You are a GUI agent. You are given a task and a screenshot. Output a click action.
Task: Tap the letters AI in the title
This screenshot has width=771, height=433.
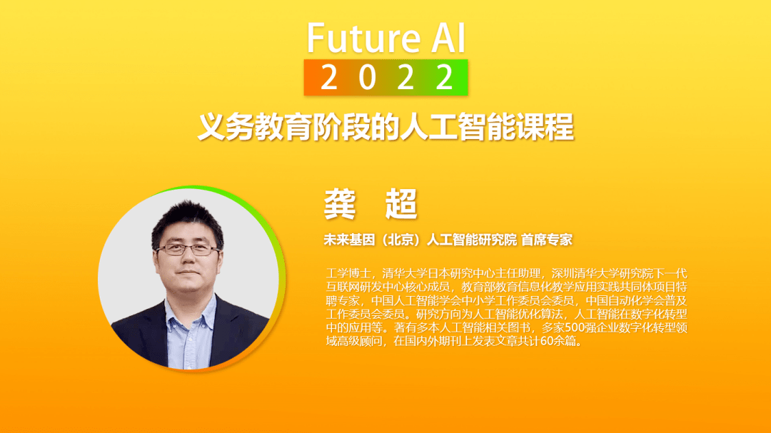(x=448, y=38)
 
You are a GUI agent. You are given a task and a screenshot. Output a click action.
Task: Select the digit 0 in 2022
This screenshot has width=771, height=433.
(x=367, y=78)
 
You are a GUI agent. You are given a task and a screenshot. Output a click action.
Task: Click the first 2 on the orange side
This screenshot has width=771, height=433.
(x=329, y=78)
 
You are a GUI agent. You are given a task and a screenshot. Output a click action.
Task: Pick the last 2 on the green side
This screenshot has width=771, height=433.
(x=444, y=78)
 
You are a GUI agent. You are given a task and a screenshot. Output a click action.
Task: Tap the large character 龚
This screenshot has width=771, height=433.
(x=340, y=203)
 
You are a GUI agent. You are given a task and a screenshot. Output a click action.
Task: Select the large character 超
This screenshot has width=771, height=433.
(x=401, y=203)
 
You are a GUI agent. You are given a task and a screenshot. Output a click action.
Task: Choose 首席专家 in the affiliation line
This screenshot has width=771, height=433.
(x=546, y=240)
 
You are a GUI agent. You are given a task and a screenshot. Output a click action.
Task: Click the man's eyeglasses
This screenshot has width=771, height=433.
(x=187, y=249)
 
